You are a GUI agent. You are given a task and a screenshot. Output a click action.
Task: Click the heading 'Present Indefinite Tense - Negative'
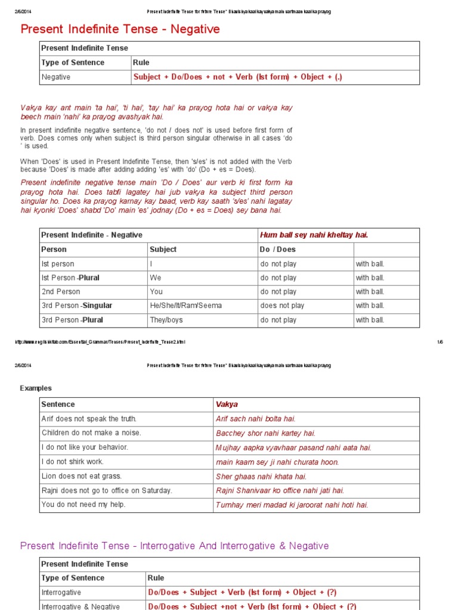click(120, 29)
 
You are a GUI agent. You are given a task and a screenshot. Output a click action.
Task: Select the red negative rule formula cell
click(238, 77)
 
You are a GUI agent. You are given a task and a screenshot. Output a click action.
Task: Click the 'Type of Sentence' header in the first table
click(73, 63)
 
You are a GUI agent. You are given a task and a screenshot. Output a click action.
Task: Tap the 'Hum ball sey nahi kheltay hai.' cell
click(314, 235)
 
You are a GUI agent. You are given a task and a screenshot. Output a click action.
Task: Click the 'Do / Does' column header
click(278, 250)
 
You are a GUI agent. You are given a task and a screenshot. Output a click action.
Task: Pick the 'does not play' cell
click(282, 306)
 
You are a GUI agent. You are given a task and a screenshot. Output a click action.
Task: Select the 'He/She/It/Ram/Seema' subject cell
click(186, 306)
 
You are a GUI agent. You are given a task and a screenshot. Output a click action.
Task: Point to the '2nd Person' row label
click(61, 292)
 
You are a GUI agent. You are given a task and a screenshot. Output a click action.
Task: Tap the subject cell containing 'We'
click(156, 278)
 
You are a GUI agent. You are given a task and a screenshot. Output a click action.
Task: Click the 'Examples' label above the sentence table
click(36, 388)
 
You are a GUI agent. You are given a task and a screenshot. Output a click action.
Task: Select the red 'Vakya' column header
click(227, 404)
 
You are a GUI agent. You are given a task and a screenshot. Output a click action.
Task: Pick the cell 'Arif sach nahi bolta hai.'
click(255, 419)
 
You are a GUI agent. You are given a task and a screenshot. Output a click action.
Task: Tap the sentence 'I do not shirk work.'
click(73, 462)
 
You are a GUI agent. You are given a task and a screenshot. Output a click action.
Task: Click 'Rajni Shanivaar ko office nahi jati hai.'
click(280, 490)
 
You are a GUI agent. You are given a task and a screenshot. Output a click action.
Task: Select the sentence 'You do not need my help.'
click(83, 505)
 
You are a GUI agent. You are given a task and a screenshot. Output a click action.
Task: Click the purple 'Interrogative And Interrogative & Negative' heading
click(174, 546)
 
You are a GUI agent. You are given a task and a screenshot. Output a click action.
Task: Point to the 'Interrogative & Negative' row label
click(81, 606)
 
